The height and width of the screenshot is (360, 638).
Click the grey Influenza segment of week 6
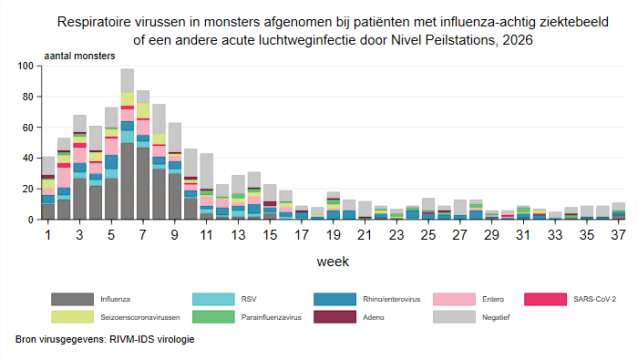coord(128,181)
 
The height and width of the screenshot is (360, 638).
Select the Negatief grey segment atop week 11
coord(207,171)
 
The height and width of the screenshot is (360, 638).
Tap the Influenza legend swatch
coord(72,299)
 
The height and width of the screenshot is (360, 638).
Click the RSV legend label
coord(249,299)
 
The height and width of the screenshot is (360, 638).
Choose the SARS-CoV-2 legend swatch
coord(545,299)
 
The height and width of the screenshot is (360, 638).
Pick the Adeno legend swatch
coord(334,317)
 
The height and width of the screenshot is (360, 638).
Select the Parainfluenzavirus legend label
coord(271,317)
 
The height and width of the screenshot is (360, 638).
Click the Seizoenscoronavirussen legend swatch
coord(72,317)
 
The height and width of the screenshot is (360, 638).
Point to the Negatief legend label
coord(496,317)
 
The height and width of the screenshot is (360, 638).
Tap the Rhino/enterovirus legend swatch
coord(334,299)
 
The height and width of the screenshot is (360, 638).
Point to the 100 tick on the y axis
coord(26,66)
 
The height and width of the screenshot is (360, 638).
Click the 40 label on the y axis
coord(28,158)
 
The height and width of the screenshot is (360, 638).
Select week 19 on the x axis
coord(334,235)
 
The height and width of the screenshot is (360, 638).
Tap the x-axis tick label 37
coord(618,235)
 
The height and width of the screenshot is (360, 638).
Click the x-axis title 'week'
coord(333,262)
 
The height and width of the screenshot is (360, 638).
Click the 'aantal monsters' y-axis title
coord(80,56)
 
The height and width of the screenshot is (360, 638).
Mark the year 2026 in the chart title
coord(517,40)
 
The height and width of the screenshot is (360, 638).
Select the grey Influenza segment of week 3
coord(80,199)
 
